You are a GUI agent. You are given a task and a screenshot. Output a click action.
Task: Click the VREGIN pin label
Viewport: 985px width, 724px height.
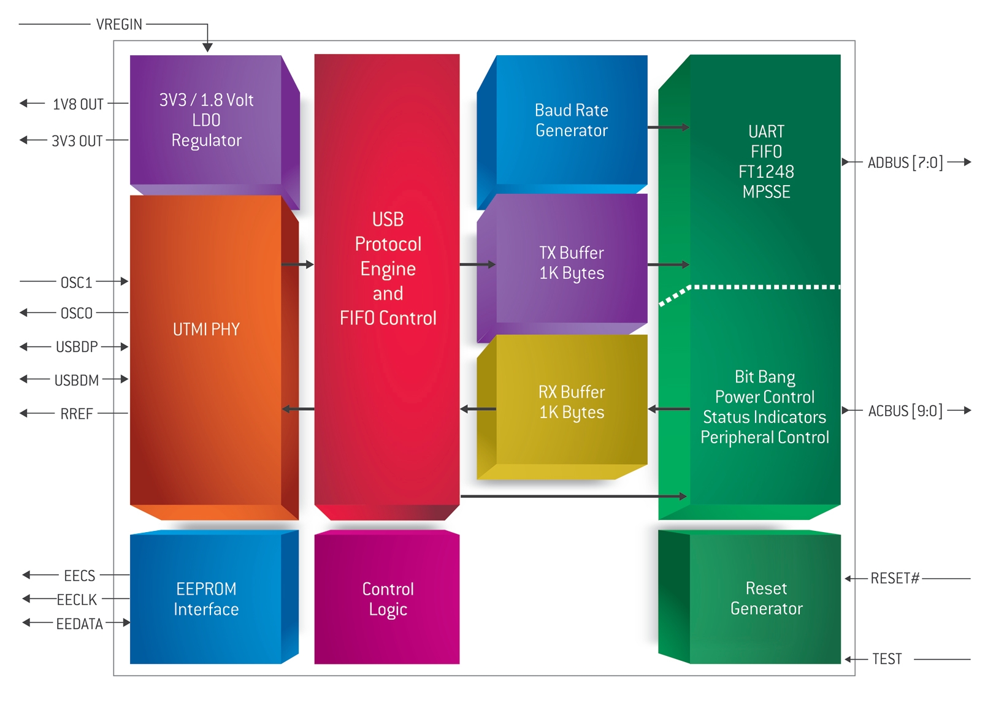119,24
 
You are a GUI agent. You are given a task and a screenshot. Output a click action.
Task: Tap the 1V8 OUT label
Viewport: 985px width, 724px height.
78,104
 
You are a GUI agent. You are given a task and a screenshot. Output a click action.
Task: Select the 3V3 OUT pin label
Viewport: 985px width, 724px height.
77,140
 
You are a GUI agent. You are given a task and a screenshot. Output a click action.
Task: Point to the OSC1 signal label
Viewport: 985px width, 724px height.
76,282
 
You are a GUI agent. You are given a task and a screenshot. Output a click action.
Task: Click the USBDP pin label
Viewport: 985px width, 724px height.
77,347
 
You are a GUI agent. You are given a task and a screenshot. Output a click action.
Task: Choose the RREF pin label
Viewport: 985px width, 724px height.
77,414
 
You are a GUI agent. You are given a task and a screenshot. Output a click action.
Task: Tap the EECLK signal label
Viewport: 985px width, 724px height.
77,600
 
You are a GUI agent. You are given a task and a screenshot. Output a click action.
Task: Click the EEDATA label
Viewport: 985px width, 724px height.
79,624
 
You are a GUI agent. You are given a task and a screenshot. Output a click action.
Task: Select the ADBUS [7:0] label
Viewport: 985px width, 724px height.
905,162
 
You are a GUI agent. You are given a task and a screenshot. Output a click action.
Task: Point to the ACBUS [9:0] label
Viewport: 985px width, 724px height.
905,411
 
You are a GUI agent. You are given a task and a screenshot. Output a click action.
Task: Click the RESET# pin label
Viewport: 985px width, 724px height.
895,578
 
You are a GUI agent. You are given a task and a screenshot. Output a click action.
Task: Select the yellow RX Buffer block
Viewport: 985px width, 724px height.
562,406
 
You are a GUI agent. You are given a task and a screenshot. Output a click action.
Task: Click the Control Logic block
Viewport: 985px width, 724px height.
387,597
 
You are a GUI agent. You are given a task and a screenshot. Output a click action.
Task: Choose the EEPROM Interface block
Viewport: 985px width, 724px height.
214,597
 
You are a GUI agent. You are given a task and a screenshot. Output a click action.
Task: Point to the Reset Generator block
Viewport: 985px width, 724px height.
749,597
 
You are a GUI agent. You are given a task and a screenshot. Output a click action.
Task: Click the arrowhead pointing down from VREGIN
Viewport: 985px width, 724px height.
207,47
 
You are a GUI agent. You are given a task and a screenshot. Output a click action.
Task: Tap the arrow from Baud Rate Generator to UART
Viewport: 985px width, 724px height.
669,128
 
